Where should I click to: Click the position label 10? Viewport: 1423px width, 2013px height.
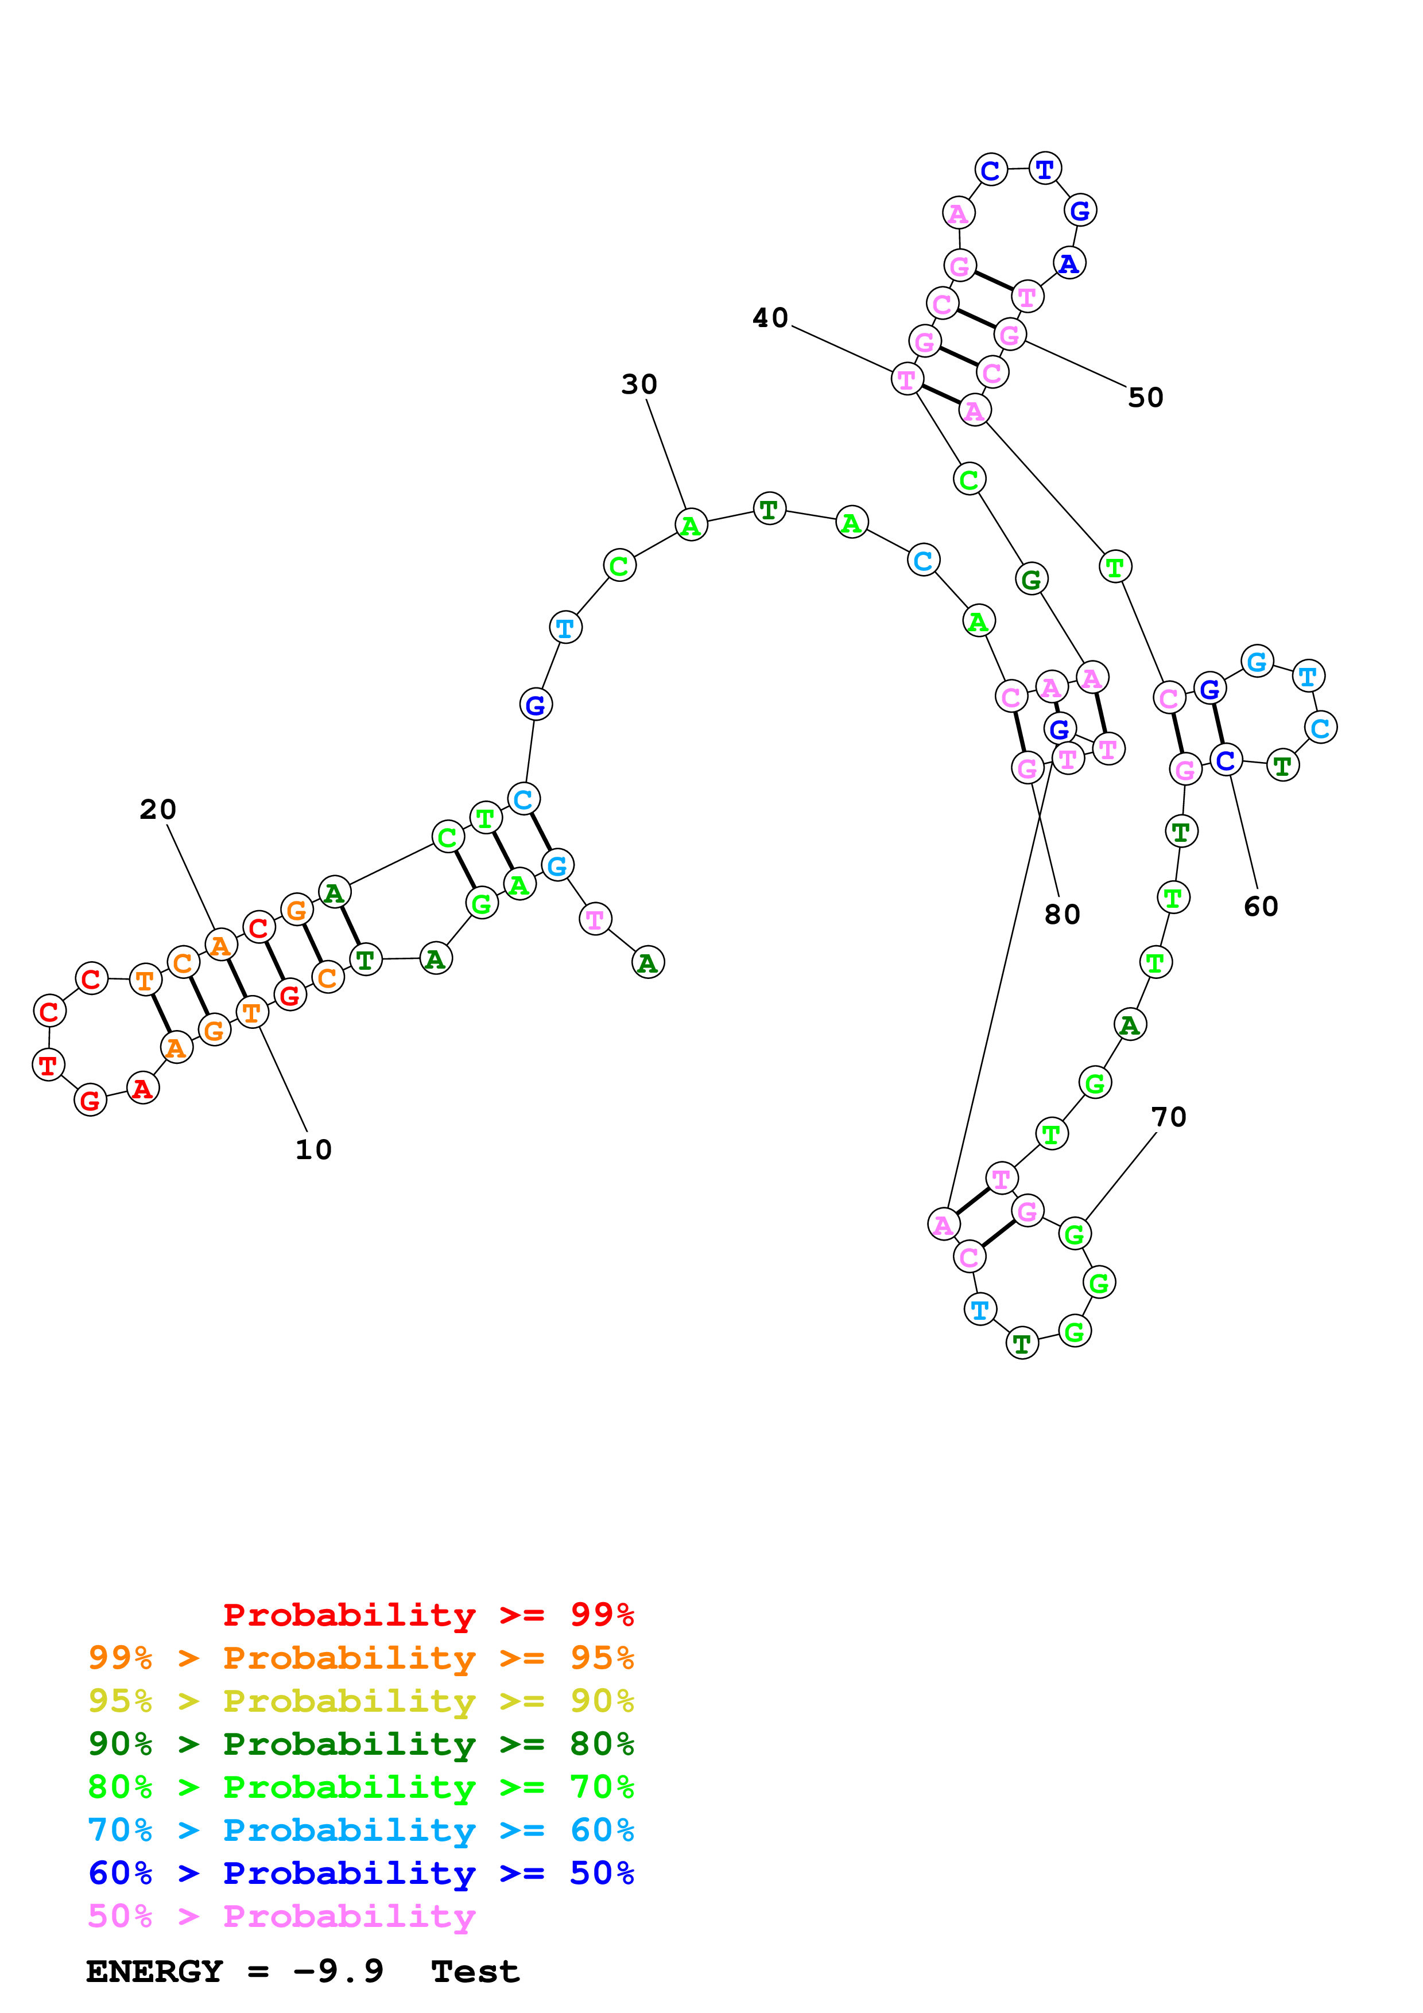click(313, 1149)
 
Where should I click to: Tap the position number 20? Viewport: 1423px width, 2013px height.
click(158, 809)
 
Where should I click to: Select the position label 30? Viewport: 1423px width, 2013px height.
click(639, 384)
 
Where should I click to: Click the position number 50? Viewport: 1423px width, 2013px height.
click(1145, 397)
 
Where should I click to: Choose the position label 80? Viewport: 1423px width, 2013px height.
click(1062, 915)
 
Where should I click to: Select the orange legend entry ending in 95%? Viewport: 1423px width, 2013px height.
click(361, 1657)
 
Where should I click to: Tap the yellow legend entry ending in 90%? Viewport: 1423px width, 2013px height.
click(361, 1700)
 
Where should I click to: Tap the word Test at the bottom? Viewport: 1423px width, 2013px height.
click(475, 1971)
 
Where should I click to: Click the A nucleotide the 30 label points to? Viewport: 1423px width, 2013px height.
click(691, 524)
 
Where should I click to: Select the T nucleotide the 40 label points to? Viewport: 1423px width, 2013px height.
click(906, 380)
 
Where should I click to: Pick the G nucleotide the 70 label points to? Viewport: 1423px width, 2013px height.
click(1074, 1234)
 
